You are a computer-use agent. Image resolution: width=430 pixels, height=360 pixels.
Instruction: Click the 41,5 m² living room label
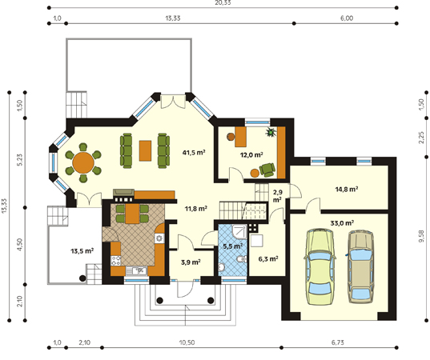click(x=194, y=152)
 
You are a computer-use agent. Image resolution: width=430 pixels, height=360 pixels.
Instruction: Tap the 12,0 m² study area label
click(x=251, y=154)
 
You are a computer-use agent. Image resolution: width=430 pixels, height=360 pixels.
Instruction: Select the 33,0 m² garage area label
click(x=342, y=222)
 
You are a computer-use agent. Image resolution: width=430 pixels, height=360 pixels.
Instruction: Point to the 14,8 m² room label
click(x=347, y=189)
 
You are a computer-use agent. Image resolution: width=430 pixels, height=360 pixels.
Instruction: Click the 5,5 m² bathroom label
click(x=232, y=246)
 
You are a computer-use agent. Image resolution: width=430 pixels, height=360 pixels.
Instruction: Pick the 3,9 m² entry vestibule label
click(x=191, y=262)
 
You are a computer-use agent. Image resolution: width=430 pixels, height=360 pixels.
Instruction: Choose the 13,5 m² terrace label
click(x=82, y=250)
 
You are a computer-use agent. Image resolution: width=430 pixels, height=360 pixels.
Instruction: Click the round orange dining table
click(x=83, y=162)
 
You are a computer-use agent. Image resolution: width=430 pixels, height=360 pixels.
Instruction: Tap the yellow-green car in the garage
click(x=319, y=267)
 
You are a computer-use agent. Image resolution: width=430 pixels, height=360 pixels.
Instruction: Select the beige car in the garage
click(x=361, y=267)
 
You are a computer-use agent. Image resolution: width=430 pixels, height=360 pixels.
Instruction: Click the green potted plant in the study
click(x=271, y=132)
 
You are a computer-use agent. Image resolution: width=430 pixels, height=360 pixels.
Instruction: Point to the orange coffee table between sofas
click(x=145, y=150)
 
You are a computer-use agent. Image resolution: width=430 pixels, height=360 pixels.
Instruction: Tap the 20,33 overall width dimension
click(x=222, y=2)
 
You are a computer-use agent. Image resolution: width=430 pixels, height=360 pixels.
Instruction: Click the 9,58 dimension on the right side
click(x=421, y=236)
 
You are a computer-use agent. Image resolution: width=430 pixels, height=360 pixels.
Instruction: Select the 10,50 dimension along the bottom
click(x=187, y=342)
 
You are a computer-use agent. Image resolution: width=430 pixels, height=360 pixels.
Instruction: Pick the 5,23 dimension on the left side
click(x=19, y=160)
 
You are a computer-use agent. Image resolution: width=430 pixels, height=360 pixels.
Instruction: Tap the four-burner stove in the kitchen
click(x=115, y=260)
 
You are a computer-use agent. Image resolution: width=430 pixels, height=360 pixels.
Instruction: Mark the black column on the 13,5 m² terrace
click(x=82, y=278)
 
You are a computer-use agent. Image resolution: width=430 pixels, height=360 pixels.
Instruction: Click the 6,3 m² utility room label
click(x=268, y=258)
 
